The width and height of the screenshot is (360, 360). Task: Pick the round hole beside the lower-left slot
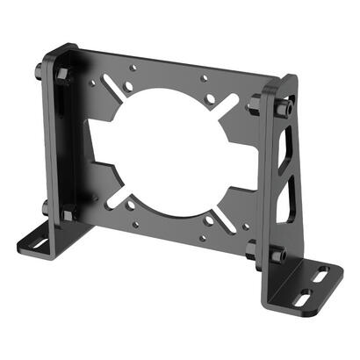(x=131, y=205)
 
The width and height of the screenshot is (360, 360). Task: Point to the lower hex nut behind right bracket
(x=254, y=248)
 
